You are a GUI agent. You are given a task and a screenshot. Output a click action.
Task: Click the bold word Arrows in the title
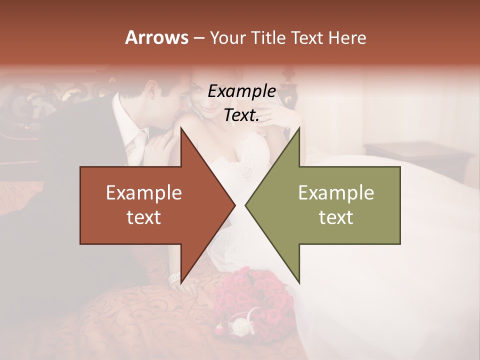pyautogui.click(x=155, y=37)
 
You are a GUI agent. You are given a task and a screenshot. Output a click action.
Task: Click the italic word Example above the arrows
pyautogui.click(x=242, y=91)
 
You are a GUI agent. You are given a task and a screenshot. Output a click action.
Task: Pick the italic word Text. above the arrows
pyautogui.click(x=242, y=115)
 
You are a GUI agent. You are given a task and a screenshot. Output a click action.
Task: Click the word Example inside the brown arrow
pyautogui.click(x=144, y=193)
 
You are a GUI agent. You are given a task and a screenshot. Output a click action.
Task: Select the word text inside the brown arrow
pyautogui.click(x=144, y=217)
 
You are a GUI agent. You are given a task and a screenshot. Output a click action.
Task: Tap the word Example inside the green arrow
pyautogui.click(x=336, y=193)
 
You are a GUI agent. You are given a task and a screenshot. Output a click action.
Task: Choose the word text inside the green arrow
pyautogui.click(x=336, y=217)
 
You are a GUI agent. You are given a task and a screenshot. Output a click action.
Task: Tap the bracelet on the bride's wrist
pyautogui.click(x=174, y=278)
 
